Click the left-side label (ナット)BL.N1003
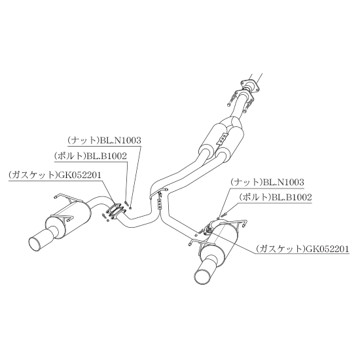pyautogui.click(x=105, y=140)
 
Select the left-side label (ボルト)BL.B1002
pyautogui.click(x=90, y=156)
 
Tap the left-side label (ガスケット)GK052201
pyautogui.click(x=55, y=175)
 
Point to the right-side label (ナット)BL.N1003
pyautogui.click(x=267, y=183)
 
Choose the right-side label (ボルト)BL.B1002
pyautogui.click(x=276, y=197)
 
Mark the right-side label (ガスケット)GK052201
pyautogui.click(x=302, y=249)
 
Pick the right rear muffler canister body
pyautogui.click(x=218, y=245)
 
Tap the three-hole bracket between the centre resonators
pyautogui.click(x=223, y=139)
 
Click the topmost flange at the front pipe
pyautogui.click(x=250, y=84)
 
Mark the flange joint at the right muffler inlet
pyautogui.click(x=208, y=228)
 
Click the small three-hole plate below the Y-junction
pyautogui.click(x=158, y=204)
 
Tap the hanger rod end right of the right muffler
pyautogui.click(x=245, y=223)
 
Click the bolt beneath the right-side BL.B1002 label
pyautogui.click(x=223, y=215)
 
